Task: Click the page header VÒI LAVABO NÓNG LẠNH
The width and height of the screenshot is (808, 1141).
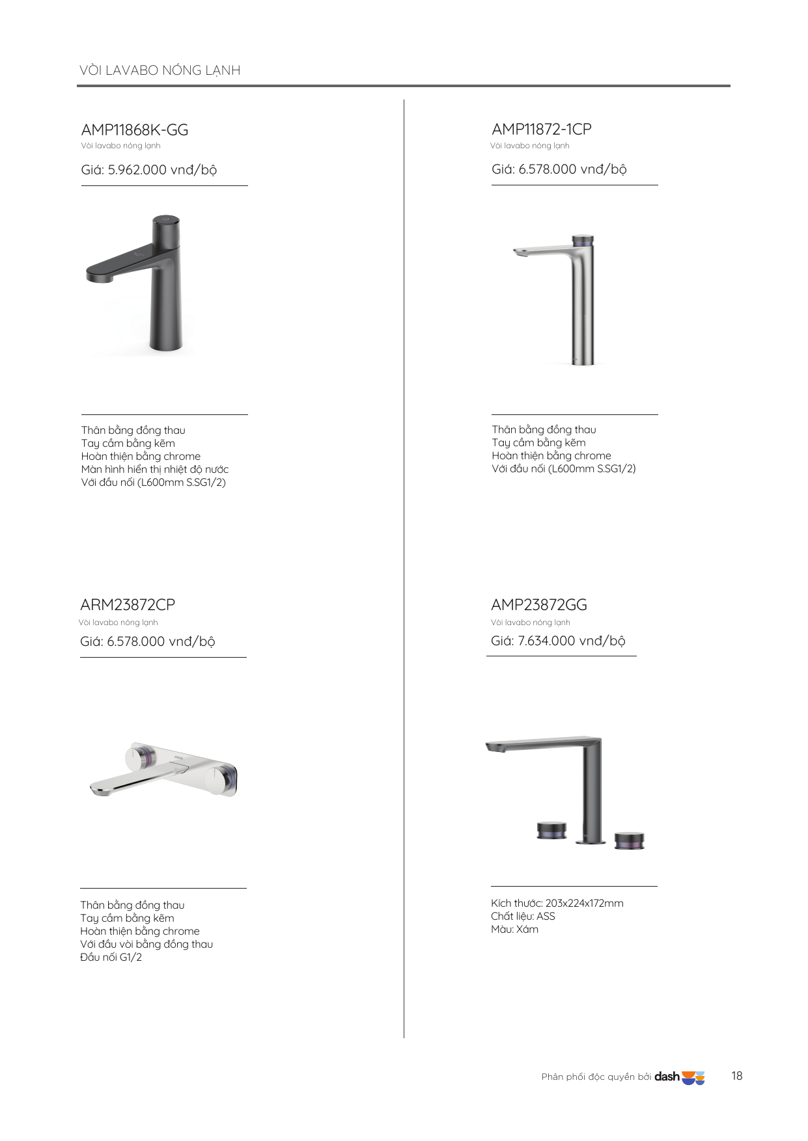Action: pyautogui.click(x=160, y=70)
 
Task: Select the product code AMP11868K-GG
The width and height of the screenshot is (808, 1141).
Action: pyautogui.click(x=135, y=130)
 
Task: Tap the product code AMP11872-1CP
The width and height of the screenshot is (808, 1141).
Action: pyautogui.click(x=542, y=129)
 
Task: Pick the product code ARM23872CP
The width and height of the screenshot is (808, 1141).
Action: pyautogui.click(x=128, y=605)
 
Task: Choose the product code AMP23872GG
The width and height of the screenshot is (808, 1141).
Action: pyautogui.click(x=539, y=605)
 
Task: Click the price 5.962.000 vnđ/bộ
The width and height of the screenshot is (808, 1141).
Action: pyautogui.click(x=149, y=170)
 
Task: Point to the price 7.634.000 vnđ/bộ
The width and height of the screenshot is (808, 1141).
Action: pyautogui.click(x=558, y=641)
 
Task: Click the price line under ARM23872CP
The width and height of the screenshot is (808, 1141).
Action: pyautogui.click(x=147, y=641)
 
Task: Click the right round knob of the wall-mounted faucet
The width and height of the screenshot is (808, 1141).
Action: pyautogui.click(x=220, y=780)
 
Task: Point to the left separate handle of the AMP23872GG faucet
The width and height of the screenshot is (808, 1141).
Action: pyautogui.click(x=551, y=830)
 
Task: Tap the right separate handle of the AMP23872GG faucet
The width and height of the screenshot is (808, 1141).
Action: pyautogui.click(x=630, y=840)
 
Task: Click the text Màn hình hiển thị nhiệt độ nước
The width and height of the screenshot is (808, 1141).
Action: pyautogui.click(x=155, y=469)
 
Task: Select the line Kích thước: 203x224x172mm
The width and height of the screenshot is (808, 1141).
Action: pyautogui.click(x=557, y=903)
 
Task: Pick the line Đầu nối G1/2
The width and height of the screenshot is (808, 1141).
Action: pyautogui.click(x=111, y=957)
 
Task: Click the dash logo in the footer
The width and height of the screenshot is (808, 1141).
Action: pyautogui.click(x=679, y=1077)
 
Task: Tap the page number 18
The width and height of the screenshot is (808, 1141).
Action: pyautogui.click(x=736, y=1076)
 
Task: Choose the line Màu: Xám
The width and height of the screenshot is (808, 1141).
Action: pyautogui.click(x=514, y=929)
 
